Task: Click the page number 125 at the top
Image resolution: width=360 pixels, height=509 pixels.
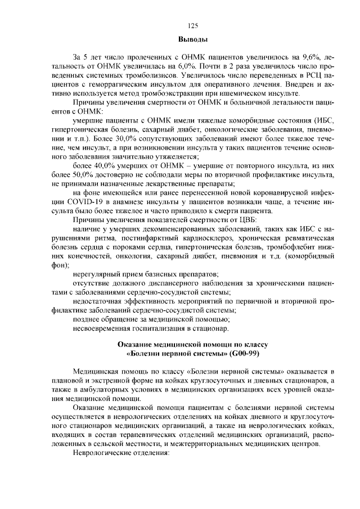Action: [192, 26]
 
